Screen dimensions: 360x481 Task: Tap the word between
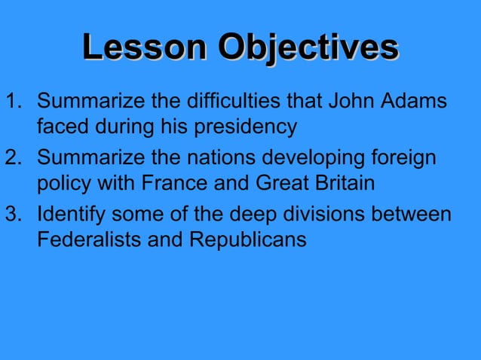coord(416,215)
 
